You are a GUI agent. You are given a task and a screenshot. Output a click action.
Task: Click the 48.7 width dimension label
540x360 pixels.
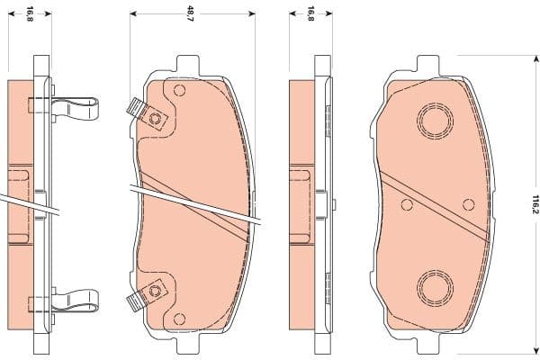tap(190, 14)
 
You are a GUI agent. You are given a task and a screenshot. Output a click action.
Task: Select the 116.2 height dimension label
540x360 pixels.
tap(532, 204)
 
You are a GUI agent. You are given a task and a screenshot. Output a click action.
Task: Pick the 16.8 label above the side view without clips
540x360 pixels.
tap(311, 14)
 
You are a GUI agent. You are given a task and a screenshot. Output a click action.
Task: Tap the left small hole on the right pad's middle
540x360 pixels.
tap(407, 204)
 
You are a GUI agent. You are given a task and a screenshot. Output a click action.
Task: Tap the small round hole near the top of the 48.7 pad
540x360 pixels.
tap(178, 90)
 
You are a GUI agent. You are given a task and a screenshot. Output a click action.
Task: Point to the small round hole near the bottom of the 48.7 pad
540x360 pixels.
tap(178, 319)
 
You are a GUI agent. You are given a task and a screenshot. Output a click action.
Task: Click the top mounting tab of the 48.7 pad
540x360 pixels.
tap(186, 66)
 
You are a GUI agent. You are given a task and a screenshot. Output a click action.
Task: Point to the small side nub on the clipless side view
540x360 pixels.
tap(295, 168)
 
